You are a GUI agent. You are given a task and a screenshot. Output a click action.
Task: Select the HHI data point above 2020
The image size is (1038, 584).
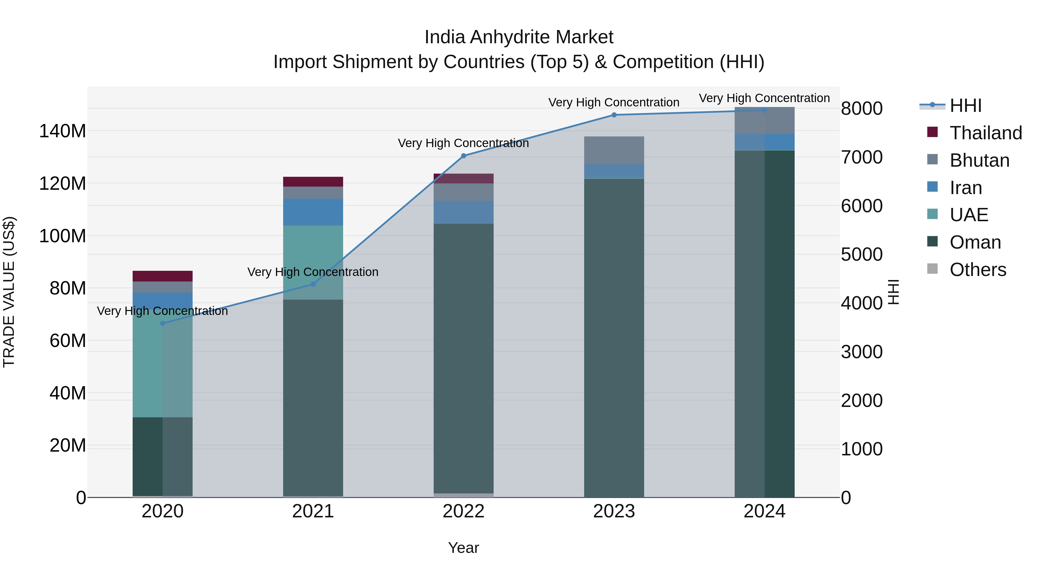(162, 323)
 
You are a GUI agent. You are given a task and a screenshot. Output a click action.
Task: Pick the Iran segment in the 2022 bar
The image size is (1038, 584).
(463, 212)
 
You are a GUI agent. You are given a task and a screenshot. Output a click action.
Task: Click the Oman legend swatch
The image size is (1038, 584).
(932, 241)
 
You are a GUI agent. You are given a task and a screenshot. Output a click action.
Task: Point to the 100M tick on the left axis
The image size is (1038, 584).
(63, 236)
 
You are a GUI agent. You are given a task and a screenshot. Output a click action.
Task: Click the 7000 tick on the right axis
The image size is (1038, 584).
(862, 157)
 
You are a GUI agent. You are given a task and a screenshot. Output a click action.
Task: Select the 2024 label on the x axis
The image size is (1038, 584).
(764, 511)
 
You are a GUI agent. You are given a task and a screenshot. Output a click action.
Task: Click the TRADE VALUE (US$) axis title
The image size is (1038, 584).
(9, 292)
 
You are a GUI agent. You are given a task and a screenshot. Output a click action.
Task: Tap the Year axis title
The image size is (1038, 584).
(463, 548)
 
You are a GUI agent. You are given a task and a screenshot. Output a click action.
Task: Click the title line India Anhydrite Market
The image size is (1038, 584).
(519, 37)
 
